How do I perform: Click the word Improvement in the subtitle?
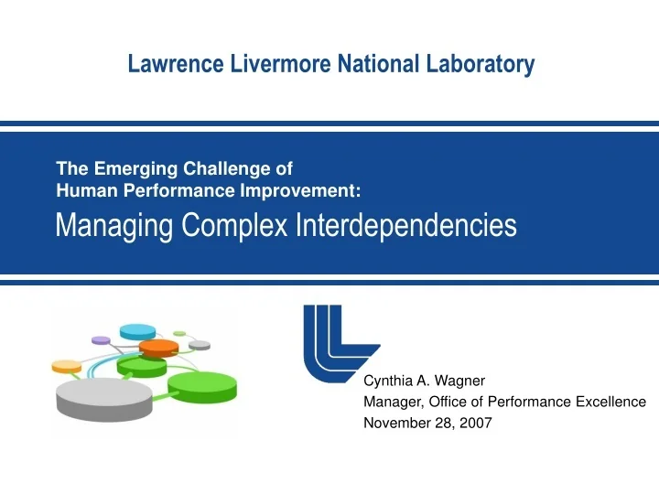[310, 190]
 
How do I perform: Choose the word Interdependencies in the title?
[405, 225]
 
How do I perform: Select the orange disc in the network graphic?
[160, 349]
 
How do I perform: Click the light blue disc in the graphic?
[137, 331]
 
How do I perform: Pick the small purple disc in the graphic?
[101, 340]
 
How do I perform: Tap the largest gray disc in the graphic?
[103, 397]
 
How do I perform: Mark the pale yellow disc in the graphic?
[67, 366]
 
